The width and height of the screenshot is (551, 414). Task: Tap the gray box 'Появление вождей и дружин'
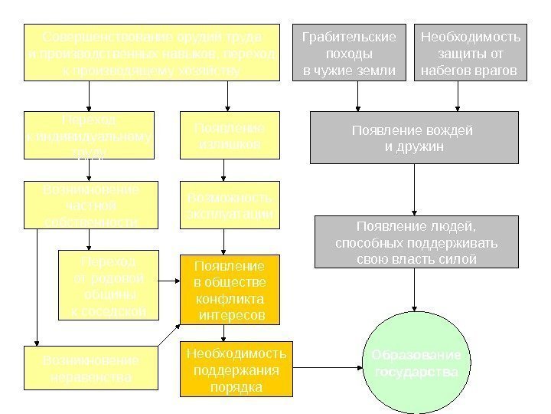(414, 138)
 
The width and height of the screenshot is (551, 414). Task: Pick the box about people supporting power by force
(416, 242)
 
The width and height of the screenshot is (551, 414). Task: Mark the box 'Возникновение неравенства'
(90, 369)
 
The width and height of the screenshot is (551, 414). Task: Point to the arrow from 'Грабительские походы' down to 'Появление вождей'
(357, 97)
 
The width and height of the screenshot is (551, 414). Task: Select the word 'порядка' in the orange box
(236, 387)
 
